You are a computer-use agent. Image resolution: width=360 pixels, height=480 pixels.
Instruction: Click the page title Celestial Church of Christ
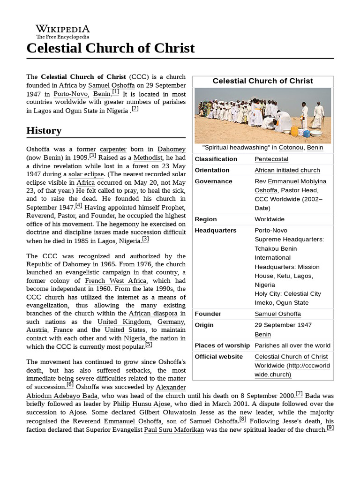[111, 48]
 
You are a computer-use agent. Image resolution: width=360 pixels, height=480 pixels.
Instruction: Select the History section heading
[44, 130]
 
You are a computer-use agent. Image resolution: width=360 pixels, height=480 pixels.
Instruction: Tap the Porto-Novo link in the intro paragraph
[70, 94]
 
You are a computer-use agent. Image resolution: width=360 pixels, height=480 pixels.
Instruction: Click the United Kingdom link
[124, 322]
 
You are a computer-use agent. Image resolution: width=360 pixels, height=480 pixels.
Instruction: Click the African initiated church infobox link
[287, 170]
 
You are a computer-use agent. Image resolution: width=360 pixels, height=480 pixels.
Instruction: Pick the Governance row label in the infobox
[213, 181]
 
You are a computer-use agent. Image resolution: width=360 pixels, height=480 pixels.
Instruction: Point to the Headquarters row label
[215, 230]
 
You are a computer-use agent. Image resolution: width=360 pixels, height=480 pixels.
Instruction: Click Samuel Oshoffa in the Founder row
[277, 314]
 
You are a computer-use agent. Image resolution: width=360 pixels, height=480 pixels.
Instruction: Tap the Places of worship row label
[222, 345]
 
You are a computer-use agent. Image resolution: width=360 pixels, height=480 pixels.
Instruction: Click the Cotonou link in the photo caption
[291, 148]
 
